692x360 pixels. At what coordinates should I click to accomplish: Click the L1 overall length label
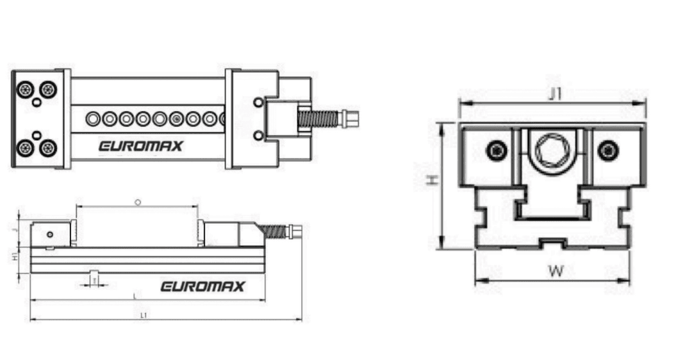point(144,315)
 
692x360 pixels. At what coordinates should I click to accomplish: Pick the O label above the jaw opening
point(138,202)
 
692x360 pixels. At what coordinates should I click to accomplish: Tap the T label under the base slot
point(94,281)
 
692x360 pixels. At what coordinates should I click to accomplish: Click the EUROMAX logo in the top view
point(140,146)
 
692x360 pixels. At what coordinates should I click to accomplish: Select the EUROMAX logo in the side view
point(202,286)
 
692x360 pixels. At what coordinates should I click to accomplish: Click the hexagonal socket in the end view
point(552,151)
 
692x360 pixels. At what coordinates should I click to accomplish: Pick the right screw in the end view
point(608,151)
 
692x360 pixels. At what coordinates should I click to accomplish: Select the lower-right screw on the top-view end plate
point(47,148)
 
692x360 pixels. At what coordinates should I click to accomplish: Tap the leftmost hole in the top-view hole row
point(95,119)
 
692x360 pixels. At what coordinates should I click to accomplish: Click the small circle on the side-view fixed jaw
point(50,234)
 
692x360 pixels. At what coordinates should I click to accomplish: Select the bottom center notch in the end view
point(552,243)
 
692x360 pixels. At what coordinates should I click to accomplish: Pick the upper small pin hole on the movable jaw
point(258,102)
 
